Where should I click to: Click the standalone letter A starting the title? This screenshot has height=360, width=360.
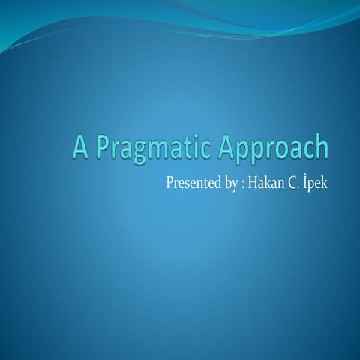80,148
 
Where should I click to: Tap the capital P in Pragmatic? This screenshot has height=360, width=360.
100,148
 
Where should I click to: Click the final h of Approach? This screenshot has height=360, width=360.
322,148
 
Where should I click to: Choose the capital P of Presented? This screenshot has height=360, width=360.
168,184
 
